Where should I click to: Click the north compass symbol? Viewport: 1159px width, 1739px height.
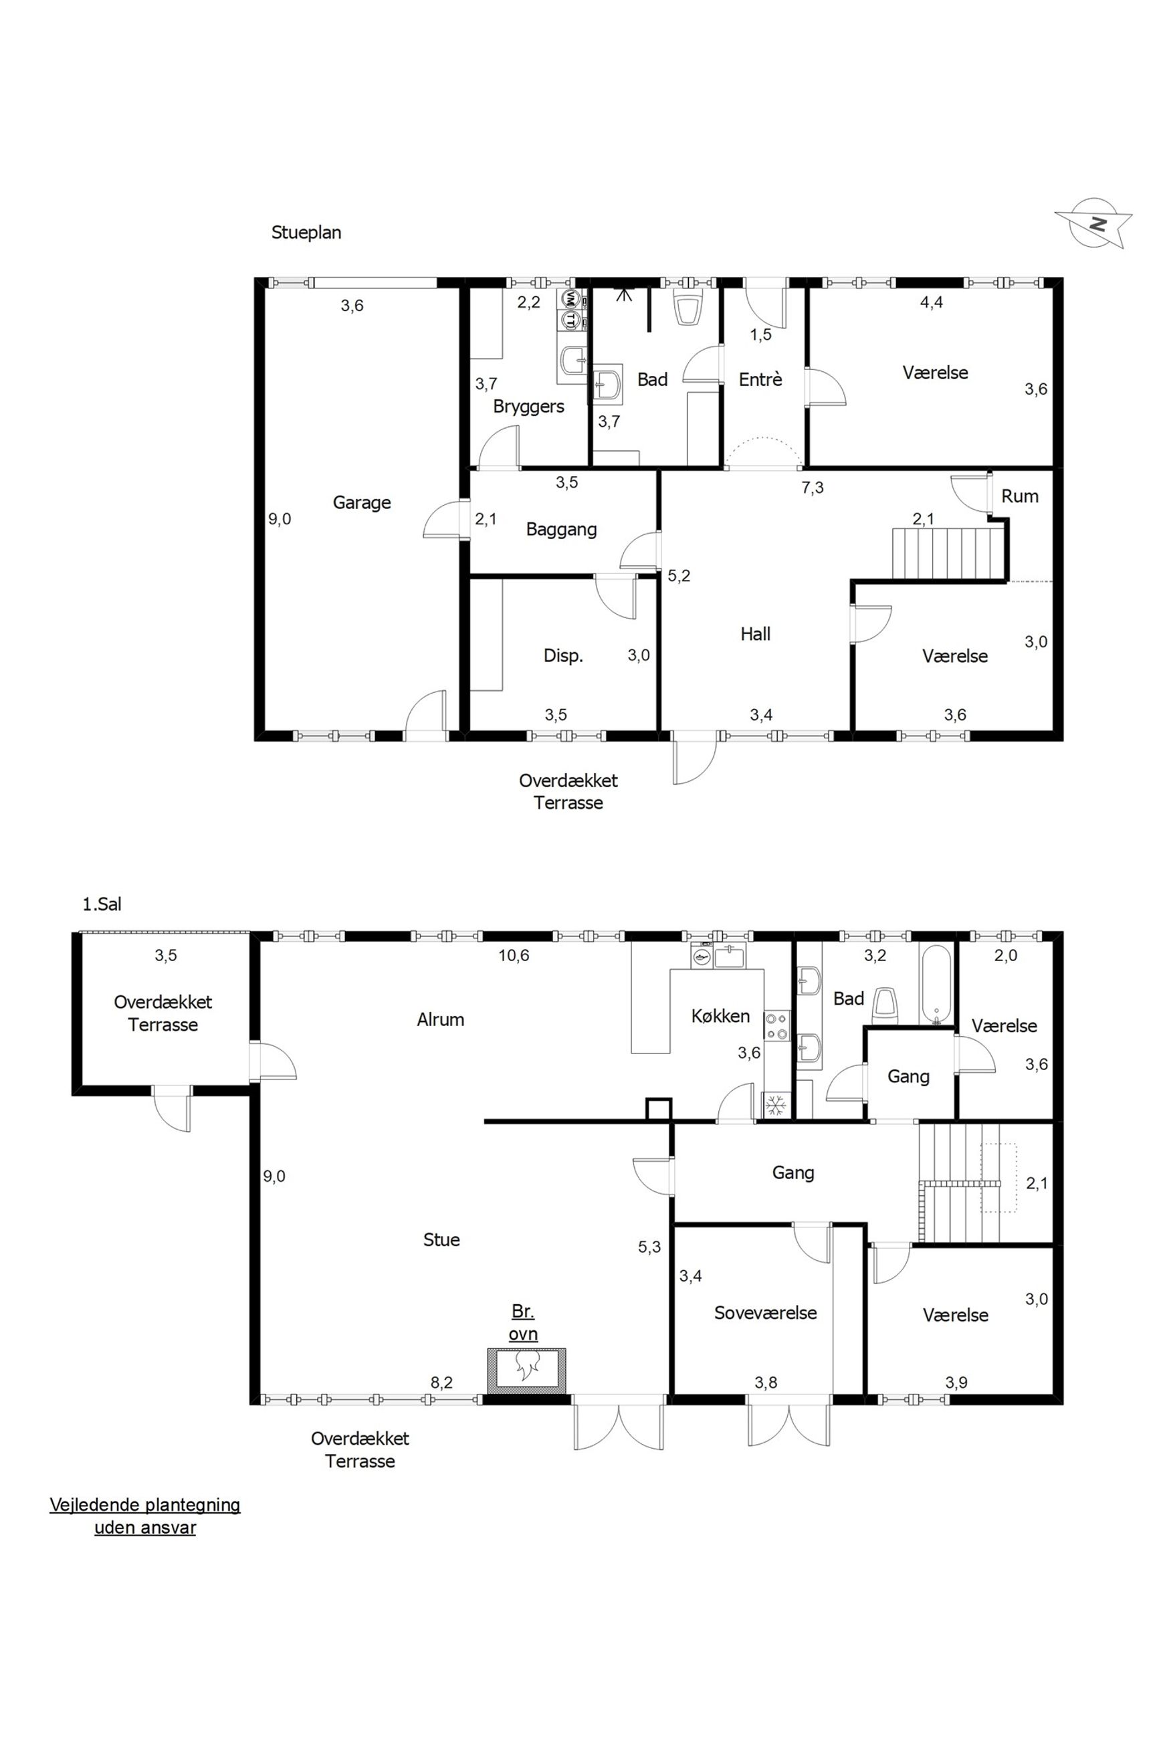pos(1094,223)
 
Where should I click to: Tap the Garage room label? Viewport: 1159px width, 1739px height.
pos(361,502)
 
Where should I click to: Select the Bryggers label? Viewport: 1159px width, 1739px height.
pos(528,407)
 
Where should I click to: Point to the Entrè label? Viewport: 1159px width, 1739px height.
pos(760,379)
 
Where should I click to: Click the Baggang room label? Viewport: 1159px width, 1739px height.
pos(561,529)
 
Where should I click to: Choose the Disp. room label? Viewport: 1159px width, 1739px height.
pos(563,655)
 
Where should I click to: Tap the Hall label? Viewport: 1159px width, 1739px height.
pos(756,633)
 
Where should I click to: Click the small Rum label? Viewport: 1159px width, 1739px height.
pos(1020,496)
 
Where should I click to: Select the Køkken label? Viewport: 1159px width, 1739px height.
pos(721,1016)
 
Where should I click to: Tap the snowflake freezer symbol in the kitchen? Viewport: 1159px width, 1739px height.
pos(775,1106)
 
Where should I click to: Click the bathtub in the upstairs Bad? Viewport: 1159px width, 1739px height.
pos(937,985)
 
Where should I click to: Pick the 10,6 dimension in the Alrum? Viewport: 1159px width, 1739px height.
pos(514,956)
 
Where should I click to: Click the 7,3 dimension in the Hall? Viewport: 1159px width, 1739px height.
pos(813,488)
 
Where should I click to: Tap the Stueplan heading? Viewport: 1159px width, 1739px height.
pos(306,233)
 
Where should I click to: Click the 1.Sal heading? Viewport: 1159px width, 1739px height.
pos(102,904)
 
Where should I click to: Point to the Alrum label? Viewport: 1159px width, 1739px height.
pos(441,1020)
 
